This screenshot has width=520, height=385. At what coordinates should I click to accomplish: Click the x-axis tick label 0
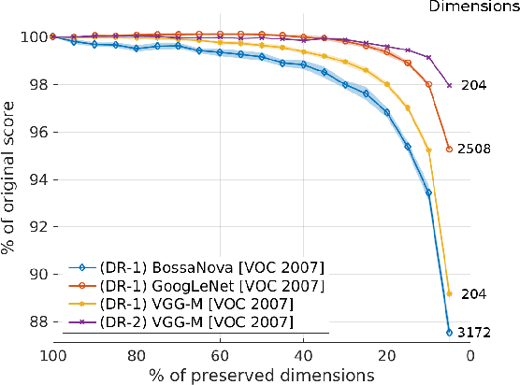point(470,355)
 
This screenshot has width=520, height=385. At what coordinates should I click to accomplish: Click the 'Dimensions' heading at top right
point(473,7)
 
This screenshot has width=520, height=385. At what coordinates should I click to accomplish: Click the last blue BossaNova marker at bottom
point(450,332)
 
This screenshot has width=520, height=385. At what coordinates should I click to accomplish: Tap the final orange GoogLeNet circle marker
point(450,149)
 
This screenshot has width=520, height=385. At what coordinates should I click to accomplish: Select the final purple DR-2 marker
point(450,85)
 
